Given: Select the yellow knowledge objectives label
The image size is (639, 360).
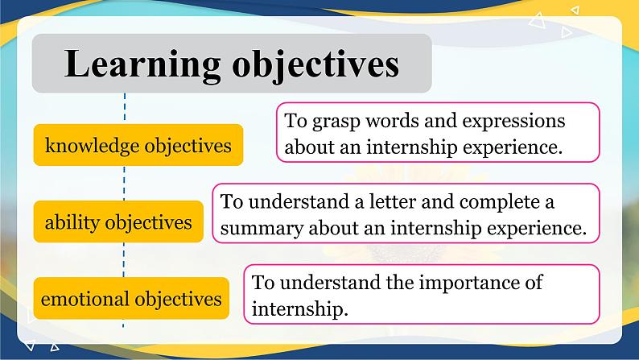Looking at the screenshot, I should pyautogui.click(x=138, y=146).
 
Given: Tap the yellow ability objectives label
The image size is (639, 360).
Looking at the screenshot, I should pyautogui.click(x=118, y=221).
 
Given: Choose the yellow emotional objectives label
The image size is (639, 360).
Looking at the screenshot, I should pyautogui.click(x=131, y=299).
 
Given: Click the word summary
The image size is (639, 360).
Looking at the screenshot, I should pyautogui.click(x=258, y=227).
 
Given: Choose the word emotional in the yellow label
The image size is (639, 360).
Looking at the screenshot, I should pyautogui.click(x=85, y=299).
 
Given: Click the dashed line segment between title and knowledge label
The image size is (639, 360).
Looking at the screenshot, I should pyautogui.click(x=125, y=108).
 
